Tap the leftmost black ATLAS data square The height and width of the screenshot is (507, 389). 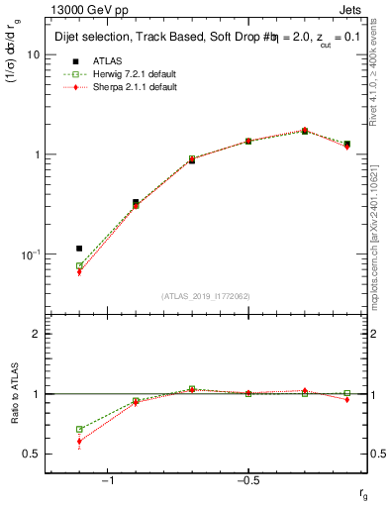[x=79, y=249]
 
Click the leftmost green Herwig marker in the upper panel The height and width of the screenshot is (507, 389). [x=79, y=266]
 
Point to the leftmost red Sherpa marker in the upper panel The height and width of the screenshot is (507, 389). [x=79, y=272]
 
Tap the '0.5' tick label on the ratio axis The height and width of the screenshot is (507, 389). [x=32, y=454]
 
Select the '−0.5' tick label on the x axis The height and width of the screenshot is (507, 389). [x=247, y=480]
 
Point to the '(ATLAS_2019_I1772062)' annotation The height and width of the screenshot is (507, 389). [x=205, y=296]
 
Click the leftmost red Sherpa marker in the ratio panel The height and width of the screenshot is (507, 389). [x=79, y=442]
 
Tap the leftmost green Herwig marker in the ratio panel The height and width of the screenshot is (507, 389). [x=79, y=430]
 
